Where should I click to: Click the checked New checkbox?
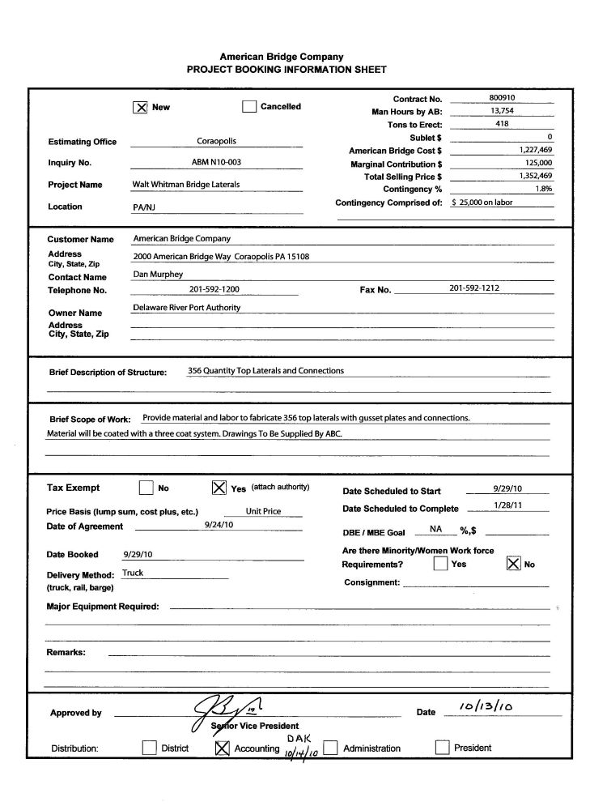[139, 107]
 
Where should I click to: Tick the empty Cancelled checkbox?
[249, 107]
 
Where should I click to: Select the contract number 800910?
[502, 97]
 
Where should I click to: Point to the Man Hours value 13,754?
[502, 111]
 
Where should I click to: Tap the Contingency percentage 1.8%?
[543, 188]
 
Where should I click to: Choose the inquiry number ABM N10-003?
[216, 162]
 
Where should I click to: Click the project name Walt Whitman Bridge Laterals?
[186, 185]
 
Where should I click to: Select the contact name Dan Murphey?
[158, 275]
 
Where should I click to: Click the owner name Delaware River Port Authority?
[186, 308]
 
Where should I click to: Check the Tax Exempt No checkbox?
[146, 488]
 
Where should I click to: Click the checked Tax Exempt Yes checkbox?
[219, 488]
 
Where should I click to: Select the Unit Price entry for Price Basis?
[264, 512]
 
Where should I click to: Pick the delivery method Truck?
[133, 573]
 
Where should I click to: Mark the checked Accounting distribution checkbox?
[223, 748]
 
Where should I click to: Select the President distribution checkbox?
[442, 748]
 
